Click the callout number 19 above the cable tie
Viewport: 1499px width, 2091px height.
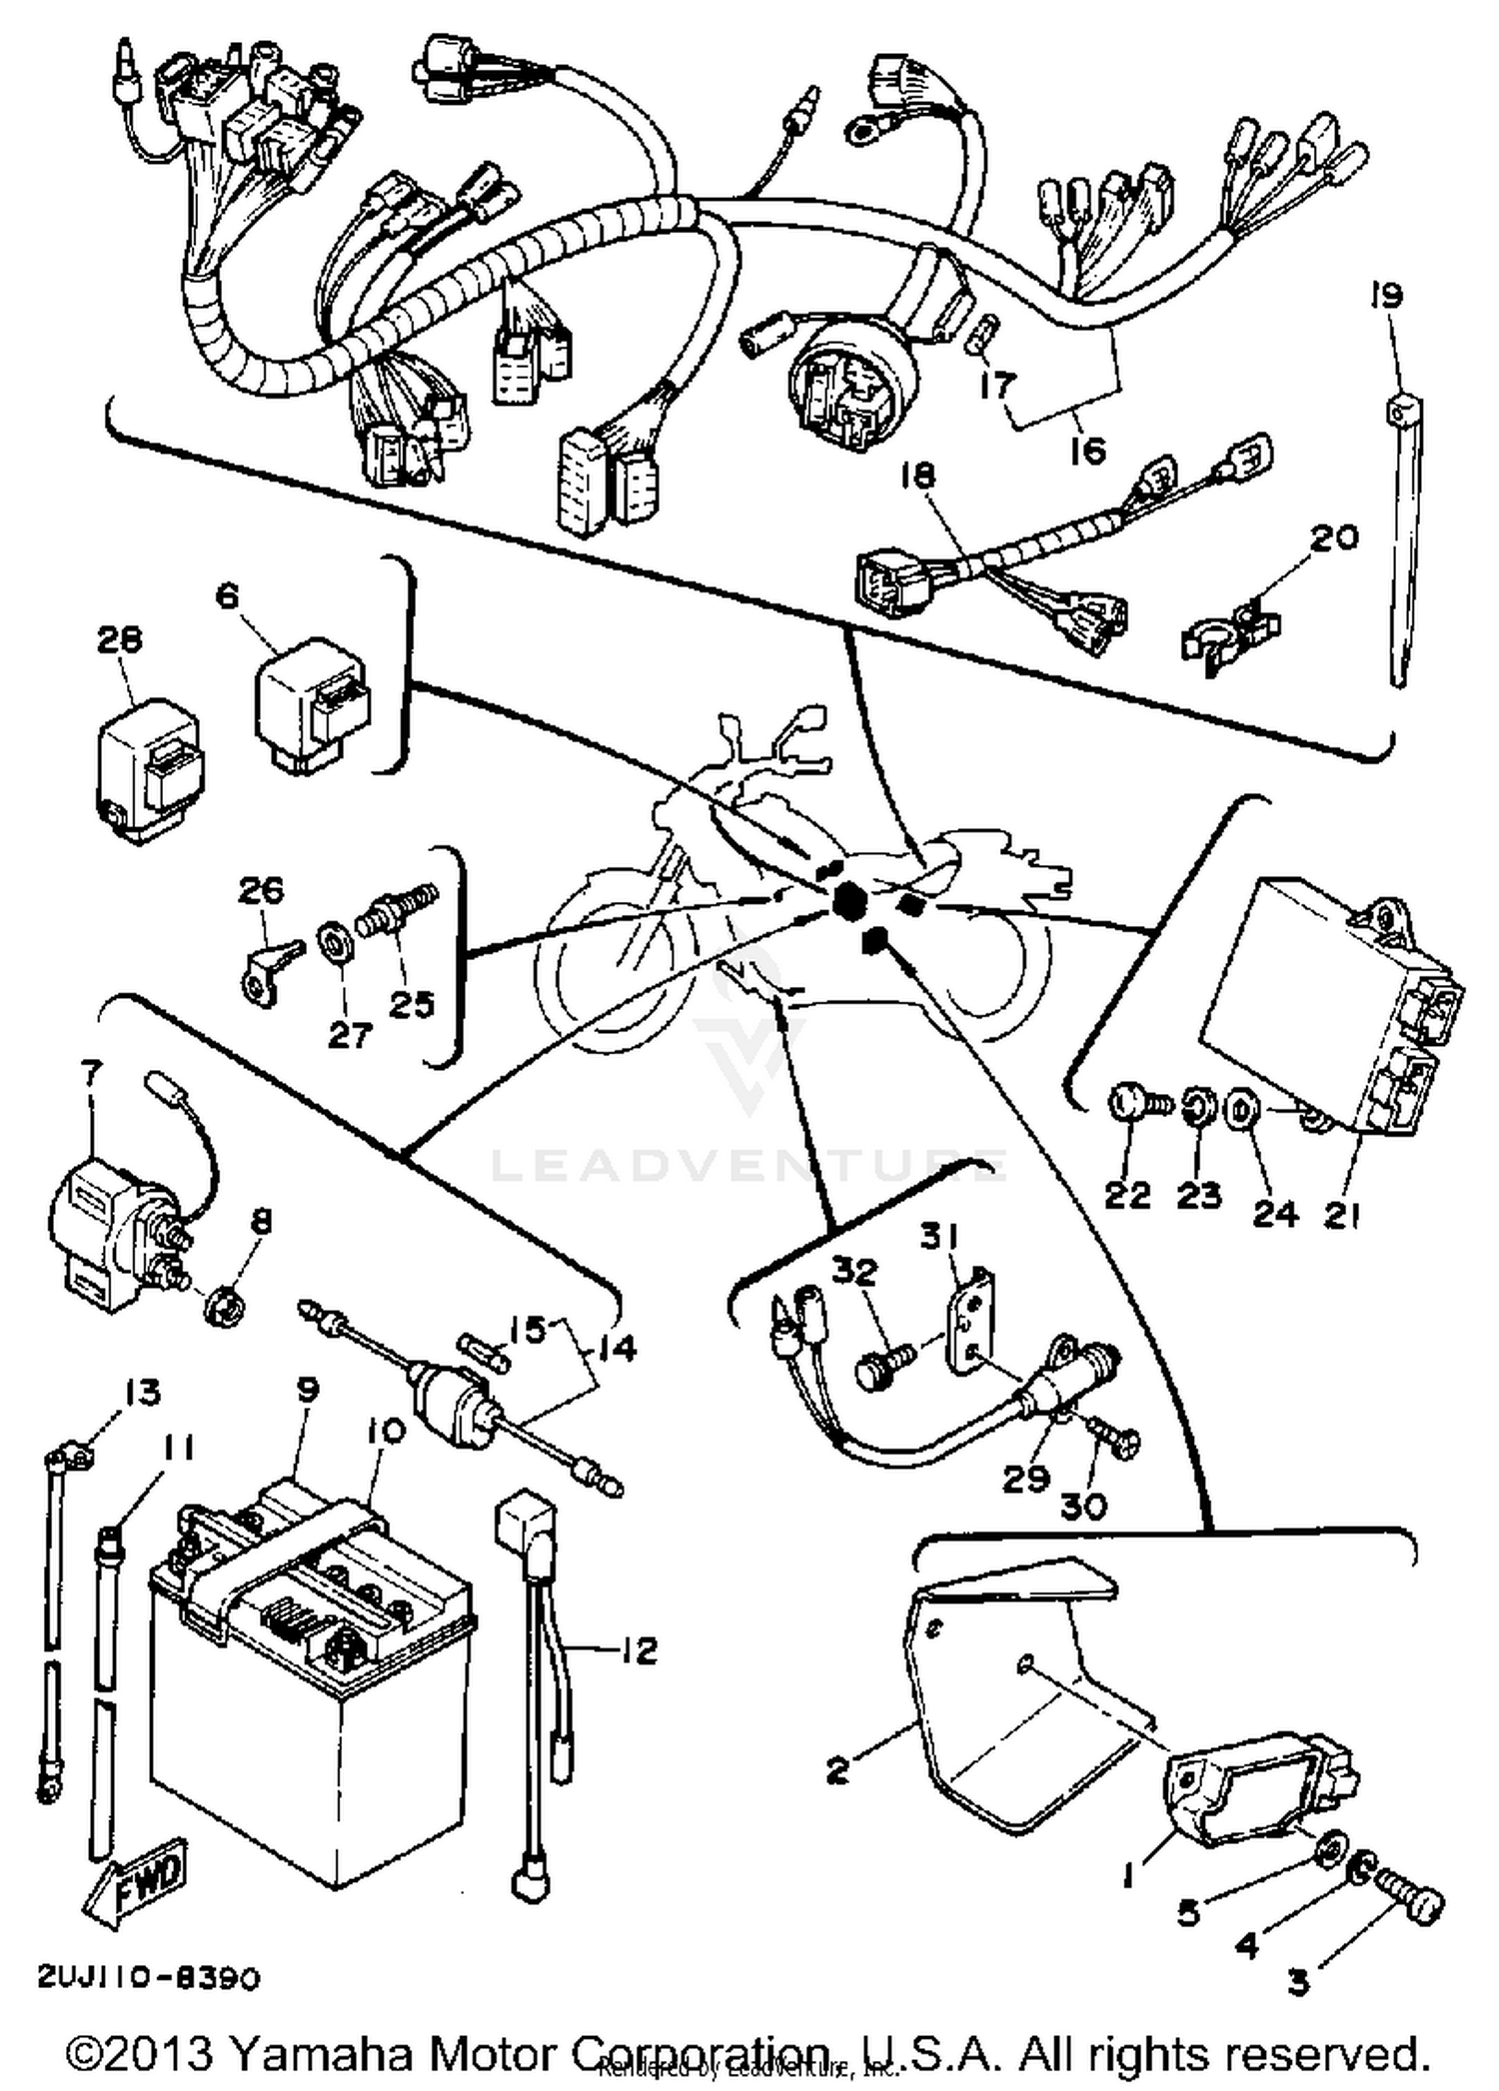[x=1386, y=296]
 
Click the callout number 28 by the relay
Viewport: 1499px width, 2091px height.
[x=119, y=639]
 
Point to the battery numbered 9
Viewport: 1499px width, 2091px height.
[x=310, y=1698]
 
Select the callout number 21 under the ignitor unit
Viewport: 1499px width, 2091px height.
[x=1342, y=1216]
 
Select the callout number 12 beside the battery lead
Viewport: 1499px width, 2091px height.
[x=638, y=1650]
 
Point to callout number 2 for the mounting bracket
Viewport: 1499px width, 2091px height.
[x=837, y=1770]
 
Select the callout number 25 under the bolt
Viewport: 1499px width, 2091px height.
[x=412, y=1003]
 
